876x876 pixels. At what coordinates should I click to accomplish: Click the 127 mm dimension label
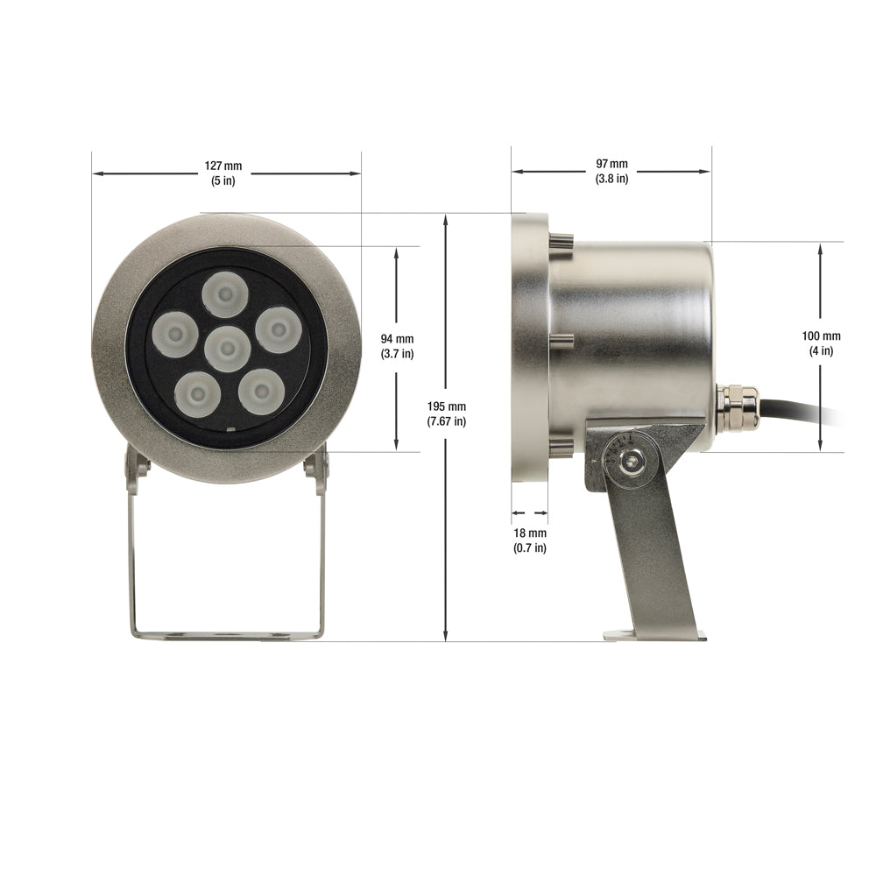pyautogui.click(x=223, y=166)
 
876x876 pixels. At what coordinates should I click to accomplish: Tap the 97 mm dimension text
pyautogui.click(x=611, y=164)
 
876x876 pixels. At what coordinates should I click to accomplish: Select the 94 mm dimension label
pyautogui.click(x=397, y=338)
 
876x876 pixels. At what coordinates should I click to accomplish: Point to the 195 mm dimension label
pyautogui.click(x=447, y=406)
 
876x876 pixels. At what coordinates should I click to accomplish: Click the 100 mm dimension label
pyautogui.click(x=822, y=336)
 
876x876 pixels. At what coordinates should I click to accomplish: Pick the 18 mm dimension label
pyautogui.click(x=530, y=533)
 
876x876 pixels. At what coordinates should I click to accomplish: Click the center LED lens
pyautogui.click(x=227, y=350)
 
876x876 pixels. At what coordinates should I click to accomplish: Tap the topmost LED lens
pyautogui.click(x=224, y=294)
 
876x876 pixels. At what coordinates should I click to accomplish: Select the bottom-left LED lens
pyautogui.click(x=196, y=395)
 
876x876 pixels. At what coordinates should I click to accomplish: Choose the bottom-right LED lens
pyautogui.click(x=261, y=392)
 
